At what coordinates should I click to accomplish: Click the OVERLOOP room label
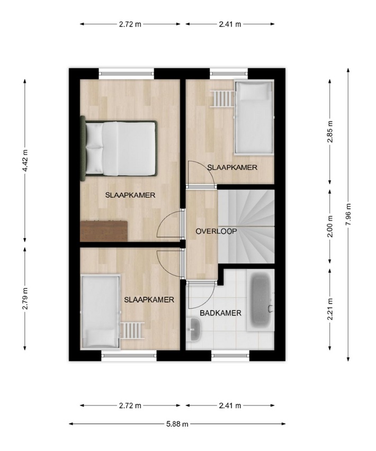[x=216, y=231]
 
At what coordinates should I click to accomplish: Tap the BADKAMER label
[x=220, y=313]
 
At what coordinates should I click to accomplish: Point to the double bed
[x=119, y=148]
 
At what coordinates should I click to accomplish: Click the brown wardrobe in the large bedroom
[x=104, y=231]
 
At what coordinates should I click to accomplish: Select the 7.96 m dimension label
[x=348, y=214]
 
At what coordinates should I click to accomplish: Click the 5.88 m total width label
[x=177, y=423]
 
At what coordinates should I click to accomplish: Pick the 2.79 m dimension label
[x=25, y=299]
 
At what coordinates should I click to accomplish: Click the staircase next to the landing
[x=246, y=226]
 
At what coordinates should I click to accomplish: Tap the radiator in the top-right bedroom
[x=222, y=98]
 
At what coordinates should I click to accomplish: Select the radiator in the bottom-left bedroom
[x=132, y=330]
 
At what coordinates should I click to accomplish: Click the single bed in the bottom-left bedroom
[x=101, y=311]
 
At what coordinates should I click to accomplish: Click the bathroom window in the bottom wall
[x=230, y=356]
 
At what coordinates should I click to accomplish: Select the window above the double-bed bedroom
[x=127, y=74]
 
